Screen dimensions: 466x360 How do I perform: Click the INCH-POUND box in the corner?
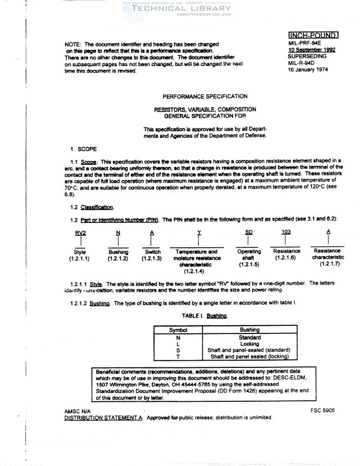coord(313,35)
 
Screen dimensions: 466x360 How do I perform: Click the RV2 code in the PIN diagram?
coord(80,232)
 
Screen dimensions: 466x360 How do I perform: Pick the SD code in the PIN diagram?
coord(249,232)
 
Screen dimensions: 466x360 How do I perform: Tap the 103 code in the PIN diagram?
coord(286,232)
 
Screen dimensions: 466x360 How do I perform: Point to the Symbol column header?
coord(178,330)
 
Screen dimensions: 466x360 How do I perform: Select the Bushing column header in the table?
coord(250,330)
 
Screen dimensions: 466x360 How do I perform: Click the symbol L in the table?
coord(178,344)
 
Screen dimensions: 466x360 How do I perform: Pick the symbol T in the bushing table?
coord(178,356)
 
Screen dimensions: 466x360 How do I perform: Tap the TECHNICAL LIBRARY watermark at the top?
coord(182,9)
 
